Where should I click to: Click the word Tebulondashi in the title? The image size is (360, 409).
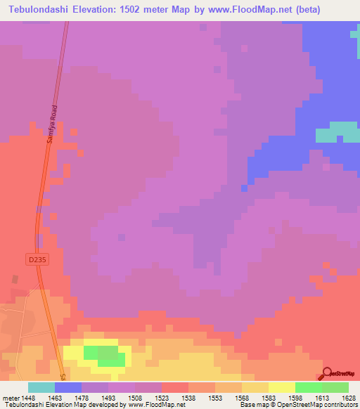tap(41, 10)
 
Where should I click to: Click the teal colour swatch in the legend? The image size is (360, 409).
tap(41, 387)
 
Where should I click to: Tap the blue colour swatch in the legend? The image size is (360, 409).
tap(68, 387)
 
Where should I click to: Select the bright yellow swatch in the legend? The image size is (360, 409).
tap(281, 387)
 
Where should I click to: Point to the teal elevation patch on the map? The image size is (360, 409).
tap(337, 131)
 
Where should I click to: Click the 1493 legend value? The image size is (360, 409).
tap(94, 397)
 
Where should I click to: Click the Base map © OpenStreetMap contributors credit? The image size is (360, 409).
tap(297, 405)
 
